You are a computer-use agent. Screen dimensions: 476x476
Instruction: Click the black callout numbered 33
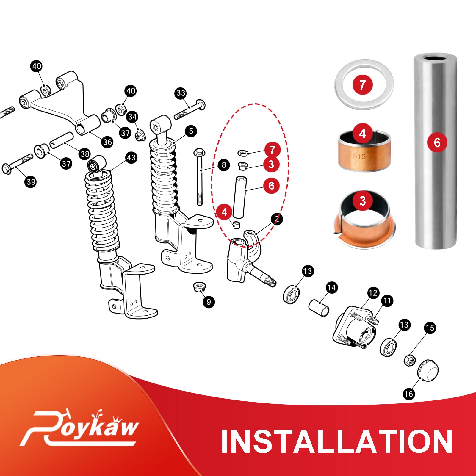tap(181, 93)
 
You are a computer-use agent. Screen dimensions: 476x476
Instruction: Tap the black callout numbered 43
tap(131, 158)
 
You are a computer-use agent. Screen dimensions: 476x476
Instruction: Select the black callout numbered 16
tap(409, 394)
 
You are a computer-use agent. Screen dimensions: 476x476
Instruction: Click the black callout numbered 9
tap(209, 302)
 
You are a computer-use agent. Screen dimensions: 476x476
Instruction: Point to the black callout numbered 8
tap(224, 165)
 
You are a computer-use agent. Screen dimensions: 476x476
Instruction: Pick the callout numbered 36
tap(107, 142)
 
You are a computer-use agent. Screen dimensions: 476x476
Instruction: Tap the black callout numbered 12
tap(373, 293)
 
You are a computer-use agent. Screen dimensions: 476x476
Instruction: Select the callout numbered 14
tap(331, 288)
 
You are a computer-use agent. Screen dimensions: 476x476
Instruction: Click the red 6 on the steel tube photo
tap(437, 143)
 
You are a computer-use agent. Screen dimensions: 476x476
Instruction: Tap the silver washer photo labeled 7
tap(364, 85)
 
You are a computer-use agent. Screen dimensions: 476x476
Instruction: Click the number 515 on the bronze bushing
tap(359, 156)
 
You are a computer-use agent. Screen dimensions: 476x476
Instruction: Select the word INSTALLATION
tap(336, 441)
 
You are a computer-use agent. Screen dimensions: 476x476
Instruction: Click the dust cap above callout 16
tap(428, 370)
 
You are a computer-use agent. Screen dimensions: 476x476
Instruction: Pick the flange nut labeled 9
tap(198, 287)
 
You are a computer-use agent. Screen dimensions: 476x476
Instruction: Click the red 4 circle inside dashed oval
tap(224, 212)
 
